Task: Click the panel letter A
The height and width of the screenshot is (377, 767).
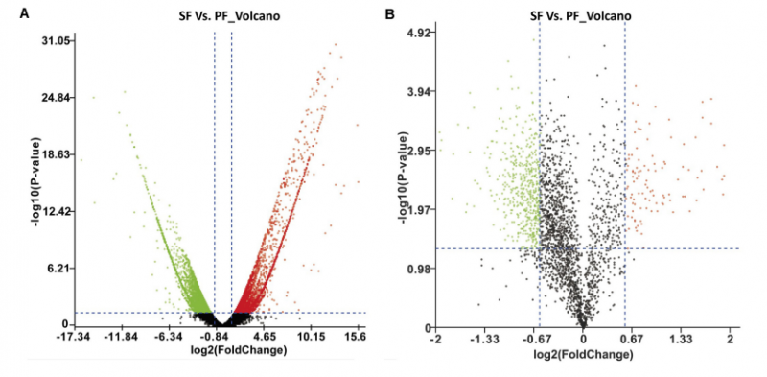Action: tap(23, 13)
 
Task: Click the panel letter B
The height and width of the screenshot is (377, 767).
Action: tap(390, 13)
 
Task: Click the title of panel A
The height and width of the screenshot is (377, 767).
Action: tap(229, 16)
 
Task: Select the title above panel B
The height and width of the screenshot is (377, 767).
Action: tap(581, 16)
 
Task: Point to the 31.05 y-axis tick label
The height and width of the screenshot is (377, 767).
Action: tap(58, 40)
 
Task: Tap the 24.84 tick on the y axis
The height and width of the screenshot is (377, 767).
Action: tap(58, 98)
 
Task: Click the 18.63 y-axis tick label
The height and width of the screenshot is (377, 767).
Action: tap(58, 154)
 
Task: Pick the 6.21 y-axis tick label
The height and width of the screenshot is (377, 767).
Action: tap(61, 269)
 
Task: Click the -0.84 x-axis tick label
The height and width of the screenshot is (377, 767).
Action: tap(214, 338)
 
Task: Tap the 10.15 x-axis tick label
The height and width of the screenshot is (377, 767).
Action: tap(311, 338)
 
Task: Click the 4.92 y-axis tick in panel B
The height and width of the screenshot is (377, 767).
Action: tap(421, 33)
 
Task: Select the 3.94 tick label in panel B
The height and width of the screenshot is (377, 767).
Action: tap(421, 91)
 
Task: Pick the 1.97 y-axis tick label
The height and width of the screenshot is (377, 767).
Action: tap(421, 209)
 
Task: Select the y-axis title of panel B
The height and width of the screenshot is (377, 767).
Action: tap(406, 179)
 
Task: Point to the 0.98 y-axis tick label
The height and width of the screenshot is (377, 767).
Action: tap(421, 269)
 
